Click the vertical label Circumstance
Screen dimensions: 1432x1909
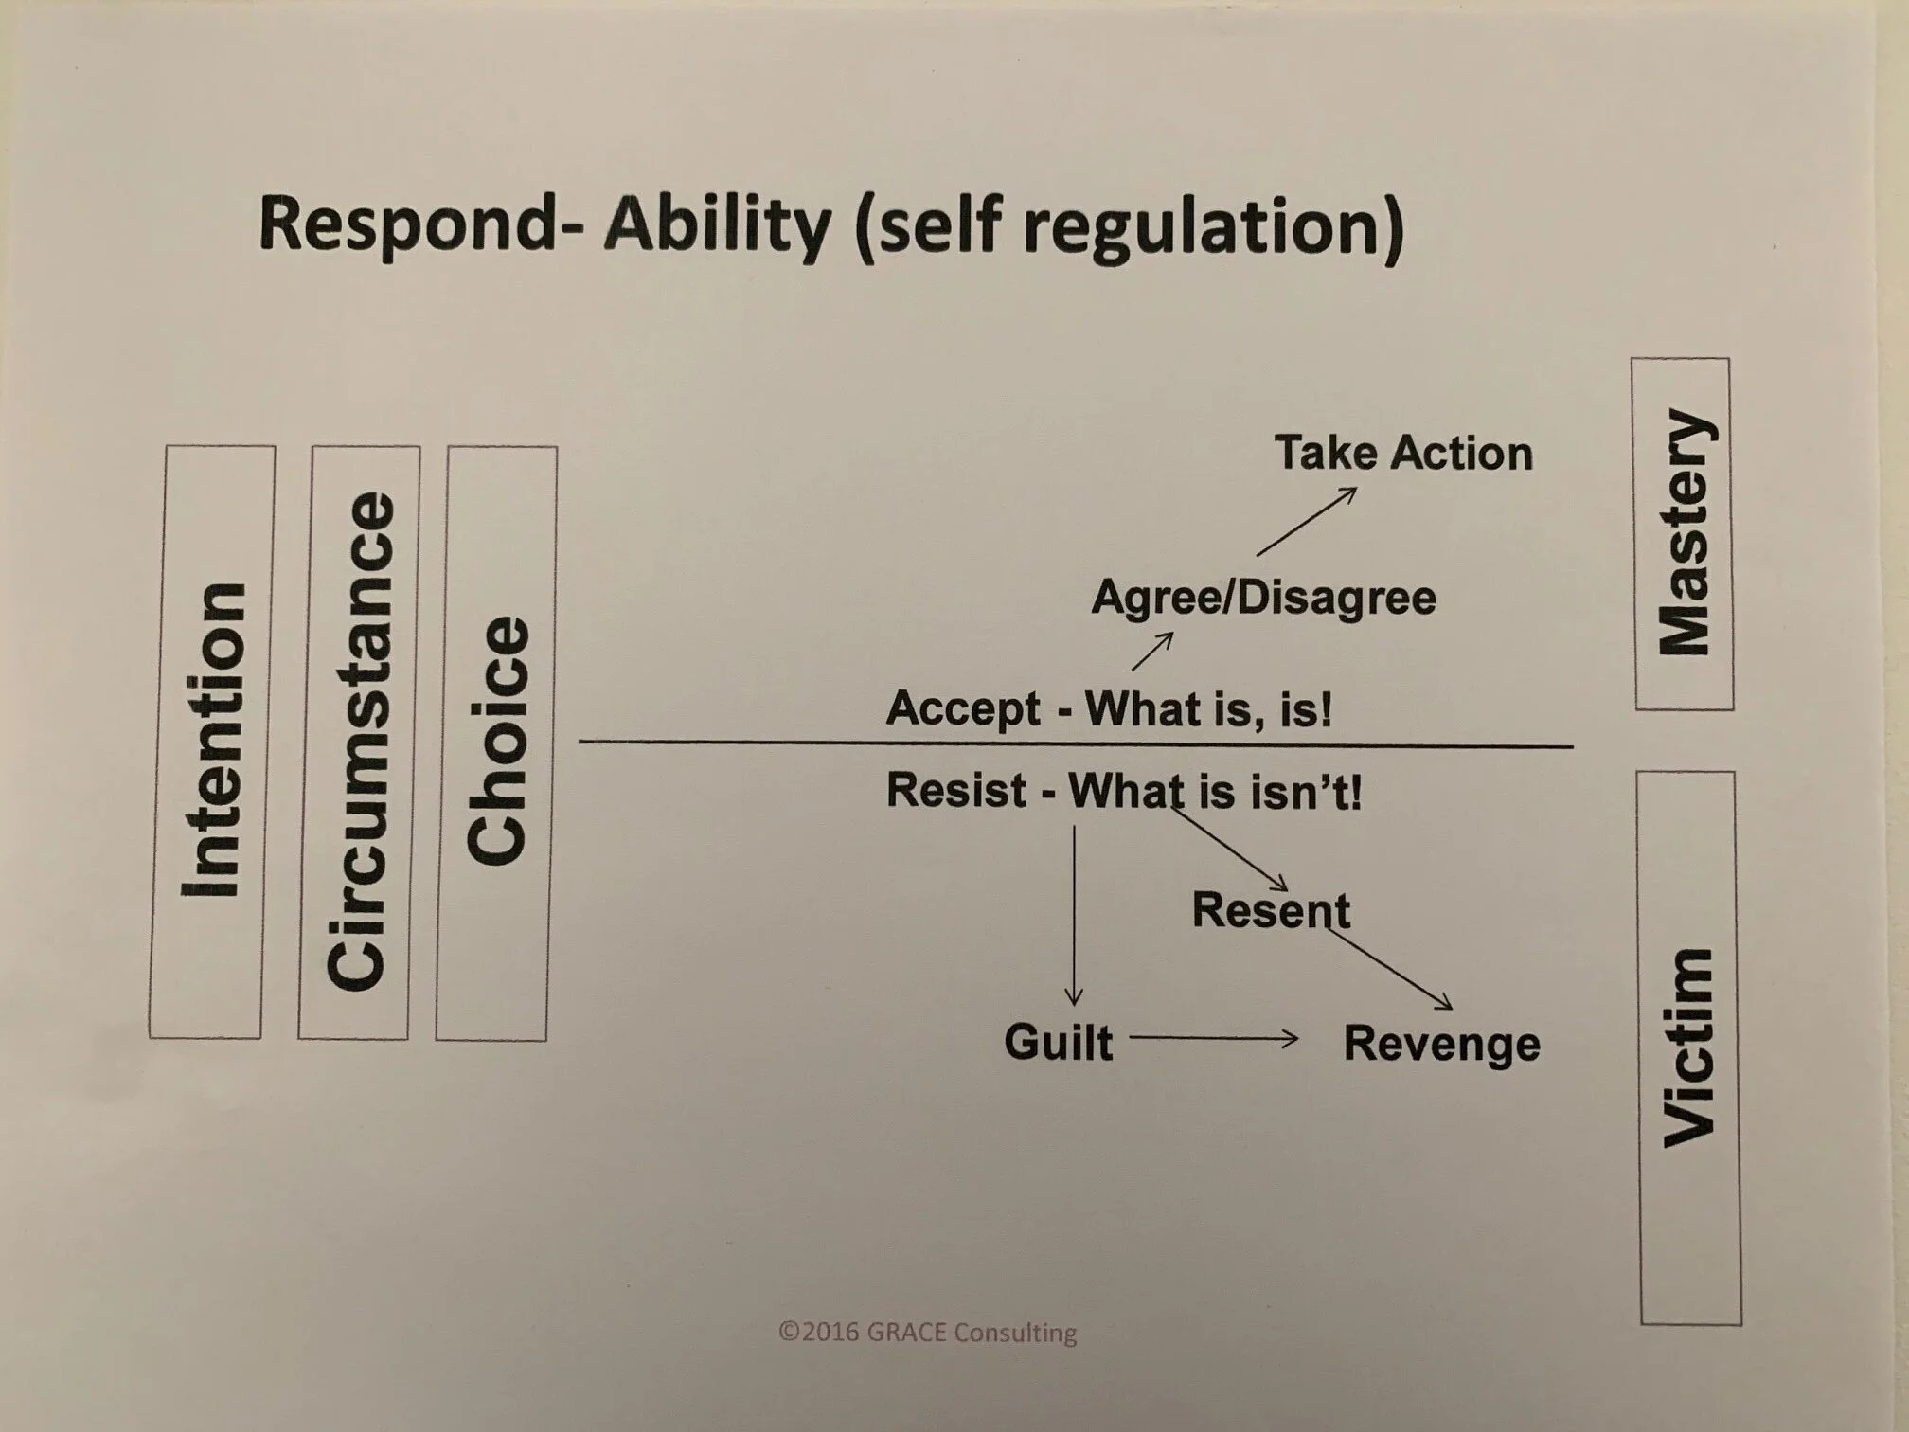[360, 741]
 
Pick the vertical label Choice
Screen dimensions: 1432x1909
[498, 741]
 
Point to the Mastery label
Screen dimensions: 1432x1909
[1684, 533]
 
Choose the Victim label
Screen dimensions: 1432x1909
[1689, 1047]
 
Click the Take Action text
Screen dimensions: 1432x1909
[1403, 453]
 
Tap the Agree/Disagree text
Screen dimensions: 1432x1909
[1263, 598]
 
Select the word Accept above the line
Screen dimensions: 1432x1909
[963, 708]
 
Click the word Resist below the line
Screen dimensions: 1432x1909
[955, 790]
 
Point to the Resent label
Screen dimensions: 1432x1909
[1271, 910]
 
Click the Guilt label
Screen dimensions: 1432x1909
[1058, 1042]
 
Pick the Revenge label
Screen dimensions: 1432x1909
[1441, 1044]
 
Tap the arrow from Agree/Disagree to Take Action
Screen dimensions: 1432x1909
[1306, 521]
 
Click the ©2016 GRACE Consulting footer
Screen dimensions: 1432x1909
[927, 1333]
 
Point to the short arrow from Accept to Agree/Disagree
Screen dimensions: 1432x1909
[1151, 652]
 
